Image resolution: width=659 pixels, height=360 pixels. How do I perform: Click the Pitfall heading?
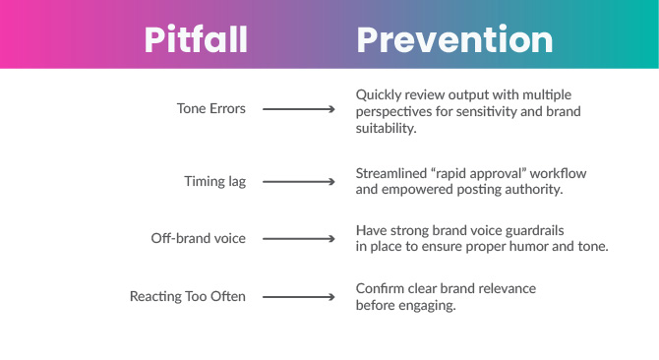point(196,40)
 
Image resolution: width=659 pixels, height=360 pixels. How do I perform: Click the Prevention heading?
point(453,40)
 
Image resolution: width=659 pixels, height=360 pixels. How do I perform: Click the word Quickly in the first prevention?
point(378,94)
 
